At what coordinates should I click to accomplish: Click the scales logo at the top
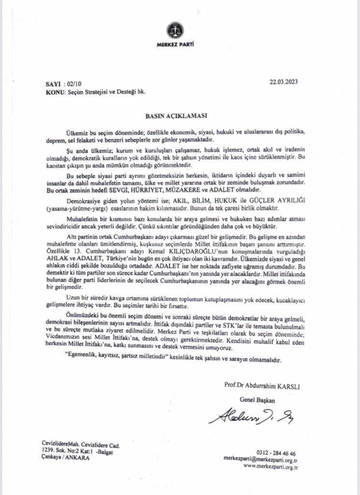pos(174,30)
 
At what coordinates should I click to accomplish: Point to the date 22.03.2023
pos(284,82)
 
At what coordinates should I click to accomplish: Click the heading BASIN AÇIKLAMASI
pos(176,116)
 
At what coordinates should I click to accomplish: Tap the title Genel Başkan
pos(257,399)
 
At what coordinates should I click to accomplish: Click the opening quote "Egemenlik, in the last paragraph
pos(84,361)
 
